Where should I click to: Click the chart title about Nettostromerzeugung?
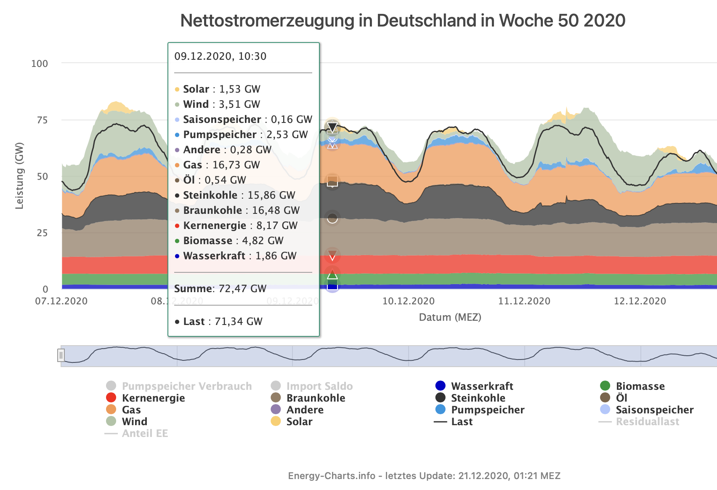(403, 21)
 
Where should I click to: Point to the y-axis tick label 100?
(40, 64)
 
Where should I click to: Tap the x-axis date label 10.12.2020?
(408, 301)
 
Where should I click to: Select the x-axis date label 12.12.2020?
(640, 301)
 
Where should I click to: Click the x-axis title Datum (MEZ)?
(450, 317)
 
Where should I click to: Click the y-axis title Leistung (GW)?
(19, 176)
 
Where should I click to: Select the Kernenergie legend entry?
(153, 398)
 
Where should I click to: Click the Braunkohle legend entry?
(316, 398)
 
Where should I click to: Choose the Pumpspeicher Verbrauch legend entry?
(186, 386)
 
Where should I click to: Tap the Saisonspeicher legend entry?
(654, 410)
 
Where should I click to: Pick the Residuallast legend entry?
(647, 421)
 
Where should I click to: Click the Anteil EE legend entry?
(145, 433)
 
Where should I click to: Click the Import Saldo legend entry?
(319, 386)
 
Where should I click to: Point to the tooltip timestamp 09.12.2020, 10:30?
(220, 56)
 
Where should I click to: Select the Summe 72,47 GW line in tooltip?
(220, 288)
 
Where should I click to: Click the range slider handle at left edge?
(61, 355)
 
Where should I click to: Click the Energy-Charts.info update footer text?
(424, 476)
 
